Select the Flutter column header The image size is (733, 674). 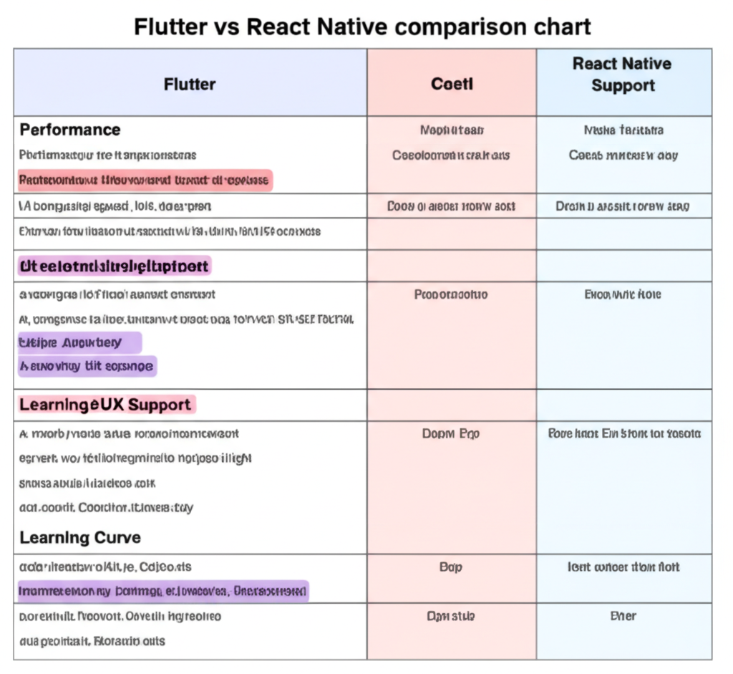tap(190, 85)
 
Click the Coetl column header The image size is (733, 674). tap(452, 85)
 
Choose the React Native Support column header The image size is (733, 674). tap(623, 74)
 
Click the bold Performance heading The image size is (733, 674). tap(70, 130)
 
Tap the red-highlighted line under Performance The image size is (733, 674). tap(145, 180)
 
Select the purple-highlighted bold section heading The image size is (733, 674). tap(115, 266)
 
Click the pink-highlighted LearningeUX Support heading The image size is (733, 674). tap(105, 405)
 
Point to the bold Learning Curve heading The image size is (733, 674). tap(80, 537)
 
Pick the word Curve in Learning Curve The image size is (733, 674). tap(117, 537)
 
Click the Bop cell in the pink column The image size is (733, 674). tap(451, 567)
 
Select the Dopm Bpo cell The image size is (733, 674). tap(451, 433)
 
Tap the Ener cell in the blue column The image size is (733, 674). tap(623, 616)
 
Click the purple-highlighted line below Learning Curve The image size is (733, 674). tap(162, 592)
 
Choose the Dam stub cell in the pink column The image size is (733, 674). tap(451, 616)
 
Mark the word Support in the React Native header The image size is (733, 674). tap(623, 86)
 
